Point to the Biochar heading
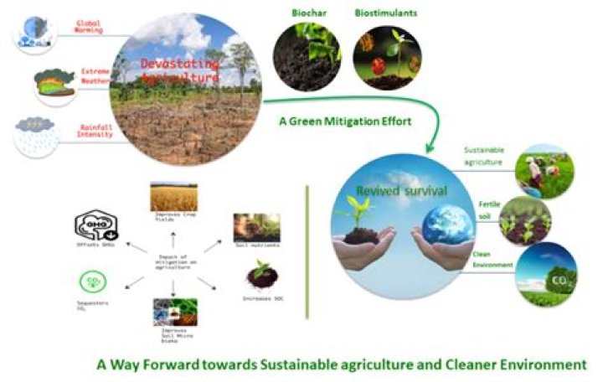[307, 14]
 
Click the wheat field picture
[173, 198]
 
